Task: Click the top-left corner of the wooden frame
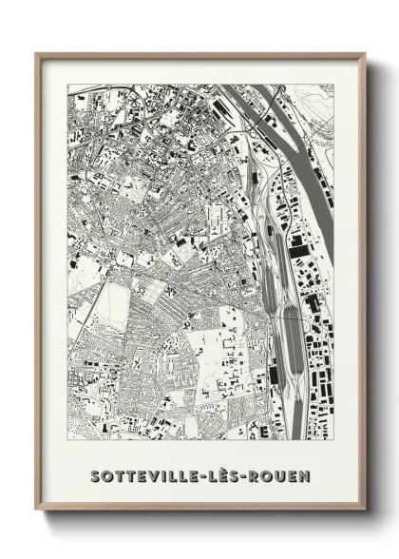36,54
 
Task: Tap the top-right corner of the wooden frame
365,54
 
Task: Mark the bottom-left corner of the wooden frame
36,511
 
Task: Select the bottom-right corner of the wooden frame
365,511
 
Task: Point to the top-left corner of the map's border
66,85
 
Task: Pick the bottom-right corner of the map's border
333,439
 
